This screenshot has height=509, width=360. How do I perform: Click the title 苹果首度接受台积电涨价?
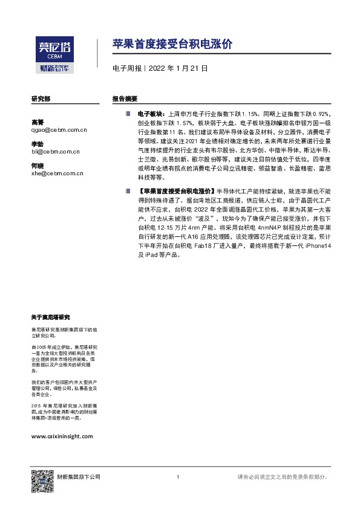click(x=172, y=44)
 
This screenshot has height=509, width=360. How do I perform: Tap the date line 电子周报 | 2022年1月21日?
click(x=160, y=69)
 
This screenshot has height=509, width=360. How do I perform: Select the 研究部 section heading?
click(x=41, y=98)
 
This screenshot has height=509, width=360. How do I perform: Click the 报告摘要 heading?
click(x=125, y=98)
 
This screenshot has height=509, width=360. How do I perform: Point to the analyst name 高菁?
click(x=38, y=122)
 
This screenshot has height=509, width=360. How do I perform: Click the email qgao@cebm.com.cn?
click(x=59, y=129)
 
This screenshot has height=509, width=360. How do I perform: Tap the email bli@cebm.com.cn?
click(x=56, y=152)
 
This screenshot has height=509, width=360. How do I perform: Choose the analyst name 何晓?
click(x=38, y=166)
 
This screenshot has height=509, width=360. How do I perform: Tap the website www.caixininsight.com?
click(x=62, y=436)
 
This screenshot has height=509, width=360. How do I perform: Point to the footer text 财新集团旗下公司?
click(x=79, y=477)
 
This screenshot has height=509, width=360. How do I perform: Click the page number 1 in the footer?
click(x=177, y=477)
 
